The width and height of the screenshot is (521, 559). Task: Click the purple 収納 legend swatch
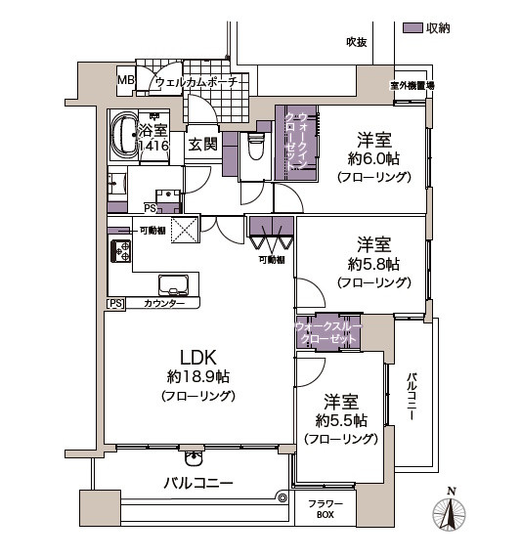[x=412, y=28]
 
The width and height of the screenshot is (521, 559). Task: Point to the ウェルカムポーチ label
[x=201, y=83]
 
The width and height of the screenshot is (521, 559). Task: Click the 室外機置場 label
[x=412, y=87]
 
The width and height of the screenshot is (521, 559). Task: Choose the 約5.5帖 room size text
[x=341, y=421]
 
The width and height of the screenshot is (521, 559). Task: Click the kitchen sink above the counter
[x=176, y=285]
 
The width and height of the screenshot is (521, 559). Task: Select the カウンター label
[x=163, y=305]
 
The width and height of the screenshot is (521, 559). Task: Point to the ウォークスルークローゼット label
[x=327, y=332]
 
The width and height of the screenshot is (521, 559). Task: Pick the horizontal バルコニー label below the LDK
[x=197, y=483]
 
